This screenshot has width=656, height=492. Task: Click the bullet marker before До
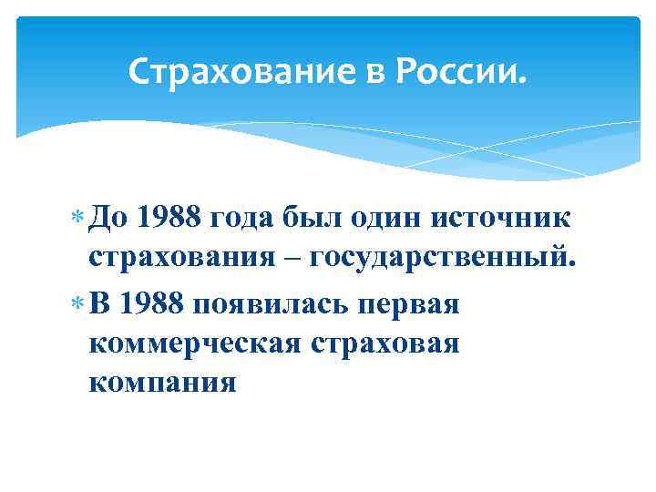click(76, 220)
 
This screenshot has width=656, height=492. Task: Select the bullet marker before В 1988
click(76, 303)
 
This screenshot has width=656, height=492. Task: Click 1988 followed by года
click(170, 219)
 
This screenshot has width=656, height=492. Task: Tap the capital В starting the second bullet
click(99, 302)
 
